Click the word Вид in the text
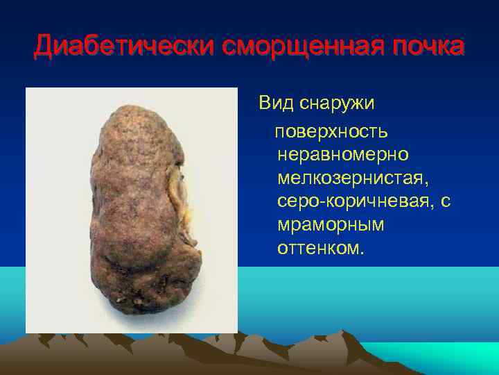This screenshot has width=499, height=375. pyautogui.click(x=275, y=103)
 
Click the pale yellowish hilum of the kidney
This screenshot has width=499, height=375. pyautogui.click(x=180, y=194)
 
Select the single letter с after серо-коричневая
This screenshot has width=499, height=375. pyautogui.click(x=446, y=201)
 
